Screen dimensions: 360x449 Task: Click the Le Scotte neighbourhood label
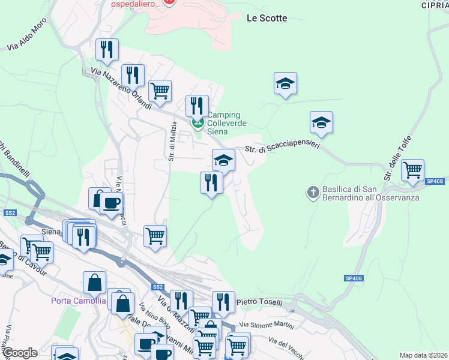coord(267,18)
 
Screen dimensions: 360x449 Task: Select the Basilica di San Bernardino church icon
coord(313,193)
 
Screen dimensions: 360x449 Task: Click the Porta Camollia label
coord(79,301)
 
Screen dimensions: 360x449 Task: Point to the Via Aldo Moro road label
coord(26,38)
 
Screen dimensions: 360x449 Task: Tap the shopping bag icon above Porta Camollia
coord(95,282)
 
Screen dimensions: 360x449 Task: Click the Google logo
coord(19,353)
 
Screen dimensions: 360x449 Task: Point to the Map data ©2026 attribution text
coord(423,355)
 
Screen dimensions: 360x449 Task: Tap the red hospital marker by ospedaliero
coord(170,2)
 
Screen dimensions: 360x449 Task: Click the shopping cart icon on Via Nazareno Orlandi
coord(160,91)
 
